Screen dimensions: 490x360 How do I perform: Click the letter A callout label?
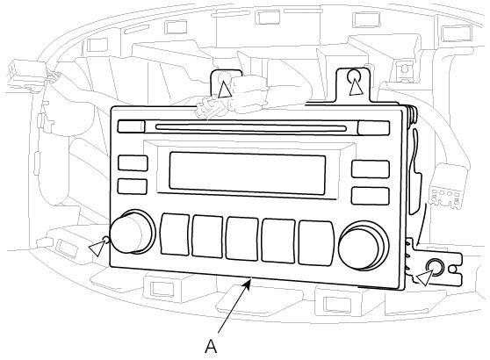pyautogui.click(x=211, y=347)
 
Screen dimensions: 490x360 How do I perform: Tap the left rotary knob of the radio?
pyautogui.click(x=133, y=232)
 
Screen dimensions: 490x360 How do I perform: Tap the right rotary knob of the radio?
pyautogui.click(x=364, y=246)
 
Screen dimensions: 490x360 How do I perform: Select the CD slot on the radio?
pyautogui.click(x=251, y=128)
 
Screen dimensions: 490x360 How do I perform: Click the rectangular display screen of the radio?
pyautogui.click(x=247, y=173)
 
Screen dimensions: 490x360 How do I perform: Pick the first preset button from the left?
pyautogui.click(x=175, y=234)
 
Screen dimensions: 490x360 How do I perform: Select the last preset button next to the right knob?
pyautogui.click(x=316, y=243)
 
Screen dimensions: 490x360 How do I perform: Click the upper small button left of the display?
pyautogui.click(x=133, y=163)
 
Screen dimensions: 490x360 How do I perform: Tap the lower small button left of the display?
pyautogui.click(x=133, y=186)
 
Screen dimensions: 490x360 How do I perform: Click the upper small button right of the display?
pyautogui.click(x=371, y=169)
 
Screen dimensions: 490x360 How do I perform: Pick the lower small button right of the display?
pyautogui.click(x=371, y=196)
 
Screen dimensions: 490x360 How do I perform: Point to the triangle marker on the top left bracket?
pyautogui.click(x=225, y=90)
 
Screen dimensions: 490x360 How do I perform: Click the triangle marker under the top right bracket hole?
pyautogui.click(x=357, y=88)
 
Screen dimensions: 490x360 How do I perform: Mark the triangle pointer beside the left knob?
pyautogui.click(x=97, y=248)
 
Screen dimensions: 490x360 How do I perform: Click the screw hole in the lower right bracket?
pyautogui.click(x=436, y=267)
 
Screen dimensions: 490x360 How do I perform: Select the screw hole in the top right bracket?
pyautogui.click(x=354, y=75)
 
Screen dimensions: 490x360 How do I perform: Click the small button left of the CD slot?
pyautogui.click(x=131, y=126)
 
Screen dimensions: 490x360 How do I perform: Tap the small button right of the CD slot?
pyautogui.click(x=374, y=128)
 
